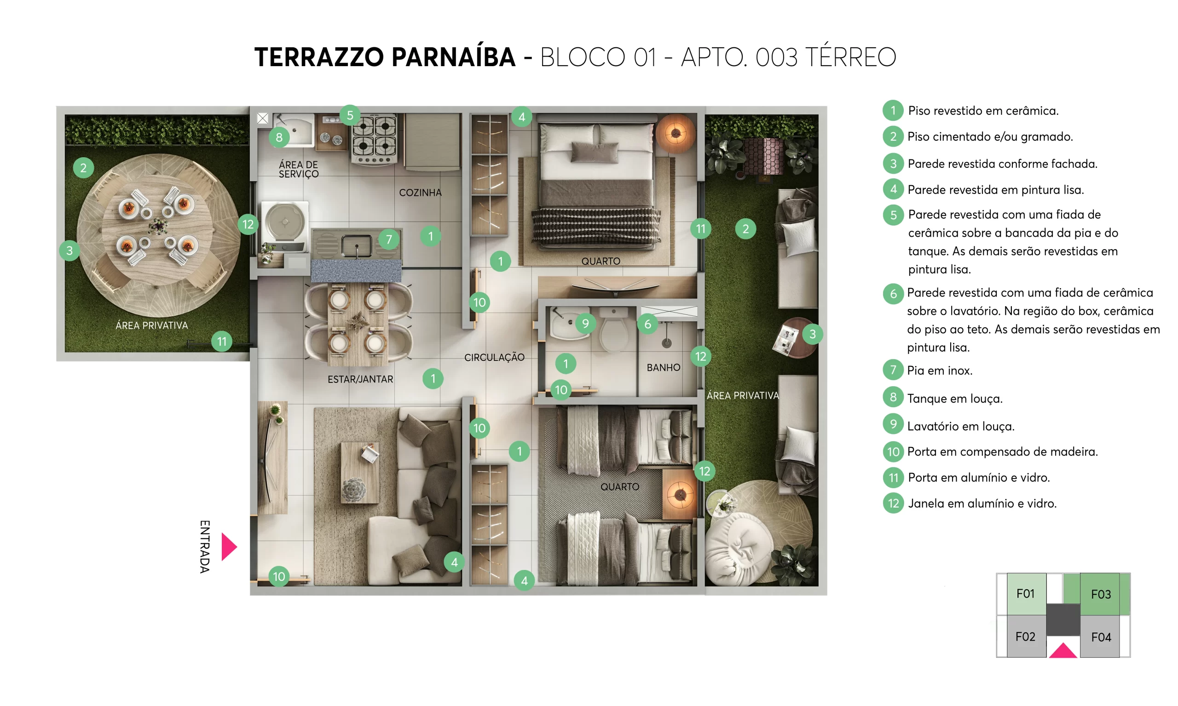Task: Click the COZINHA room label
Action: click(x=420, y=193)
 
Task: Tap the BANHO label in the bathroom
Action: click(x=663, y=367)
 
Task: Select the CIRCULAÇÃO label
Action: click(x=494, y=357)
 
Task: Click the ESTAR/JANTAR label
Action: click(x=360, y=379)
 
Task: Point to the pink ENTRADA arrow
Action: click(x=229, y=547)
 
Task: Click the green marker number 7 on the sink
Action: click(x=389, y=239)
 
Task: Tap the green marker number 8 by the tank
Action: click(x=279, y=137)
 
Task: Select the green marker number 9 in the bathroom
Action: click(x=585, y=324)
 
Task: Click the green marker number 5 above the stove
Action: click(x=350, y=115)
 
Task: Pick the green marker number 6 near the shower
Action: click(x=647, y=325)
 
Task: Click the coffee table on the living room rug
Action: click(x=360, y=473)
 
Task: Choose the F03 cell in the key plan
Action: click(x=1100, y=594)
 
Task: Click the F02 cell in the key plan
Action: click(x=1025, y=637)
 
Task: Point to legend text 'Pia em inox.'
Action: click(x=940, y=370)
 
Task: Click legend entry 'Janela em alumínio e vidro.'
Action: click(x=982, y=503)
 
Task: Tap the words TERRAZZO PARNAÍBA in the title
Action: click(x=385, y=57)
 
